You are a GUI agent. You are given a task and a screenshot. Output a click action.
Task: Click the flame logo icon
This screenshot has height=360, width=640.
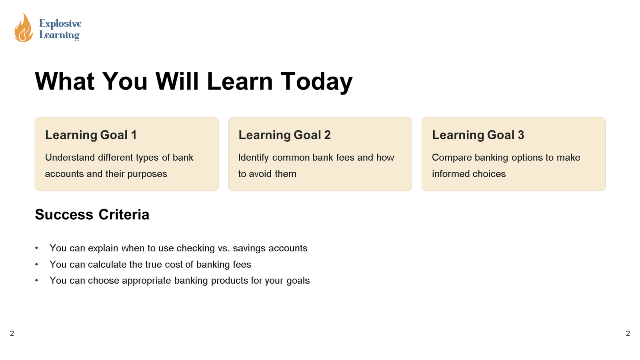(23, 28)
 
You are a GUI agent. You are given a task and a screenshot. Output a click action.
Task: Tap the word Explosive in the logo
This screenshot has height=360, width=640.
(60, 24)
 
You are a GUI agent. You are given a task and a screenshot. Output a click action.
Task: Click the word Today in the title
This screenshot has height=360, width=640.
(316, 82)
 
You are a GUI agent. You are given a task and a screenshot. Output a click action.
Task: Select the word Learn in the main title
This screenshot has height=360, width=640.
(240, 82)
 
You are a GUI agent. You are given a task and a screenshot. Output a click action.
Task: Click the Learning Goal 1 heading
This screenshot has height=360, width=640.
(91, 135)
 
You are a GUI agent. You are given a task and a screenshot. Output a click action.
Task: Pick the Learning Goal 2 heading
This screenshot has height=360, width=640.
(284, 135)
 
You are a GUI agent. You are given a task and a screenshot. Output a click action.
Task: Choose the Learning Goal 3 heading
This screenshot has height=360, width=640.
(478, 135)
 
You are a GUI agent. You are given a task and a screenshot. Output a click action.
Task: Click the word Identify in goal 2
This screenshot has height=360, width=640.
(254, 158)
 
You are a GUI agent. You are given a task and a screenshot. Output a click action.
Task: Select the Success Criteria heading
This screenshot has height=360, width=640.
(92, 215)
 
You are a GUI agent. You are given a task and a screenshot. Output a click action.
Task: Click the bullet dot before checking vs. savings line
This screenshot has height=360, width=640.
(37, 248)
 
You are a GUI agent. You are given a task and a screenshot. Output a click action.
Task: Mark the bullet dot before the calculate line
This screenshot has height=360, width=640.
(37, 264)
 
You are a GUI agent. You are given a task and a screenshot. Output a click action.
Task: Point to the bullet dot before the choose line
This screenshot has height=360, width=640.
(37, 280)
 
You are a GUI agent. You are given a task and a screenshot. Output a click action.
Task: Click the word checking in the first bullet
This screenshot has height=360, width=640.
(196, 248)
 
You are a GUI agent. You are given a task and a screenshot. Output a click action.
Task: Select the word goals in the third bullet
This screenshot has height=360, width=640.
(298, 281)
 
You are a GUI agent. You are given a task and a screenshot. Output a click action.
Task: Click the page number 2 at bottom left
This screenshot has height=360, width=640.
(12, 333)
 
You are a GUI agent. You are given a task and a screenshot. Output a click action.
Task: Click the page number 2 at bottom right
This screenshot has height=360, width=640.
(628, 333)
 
